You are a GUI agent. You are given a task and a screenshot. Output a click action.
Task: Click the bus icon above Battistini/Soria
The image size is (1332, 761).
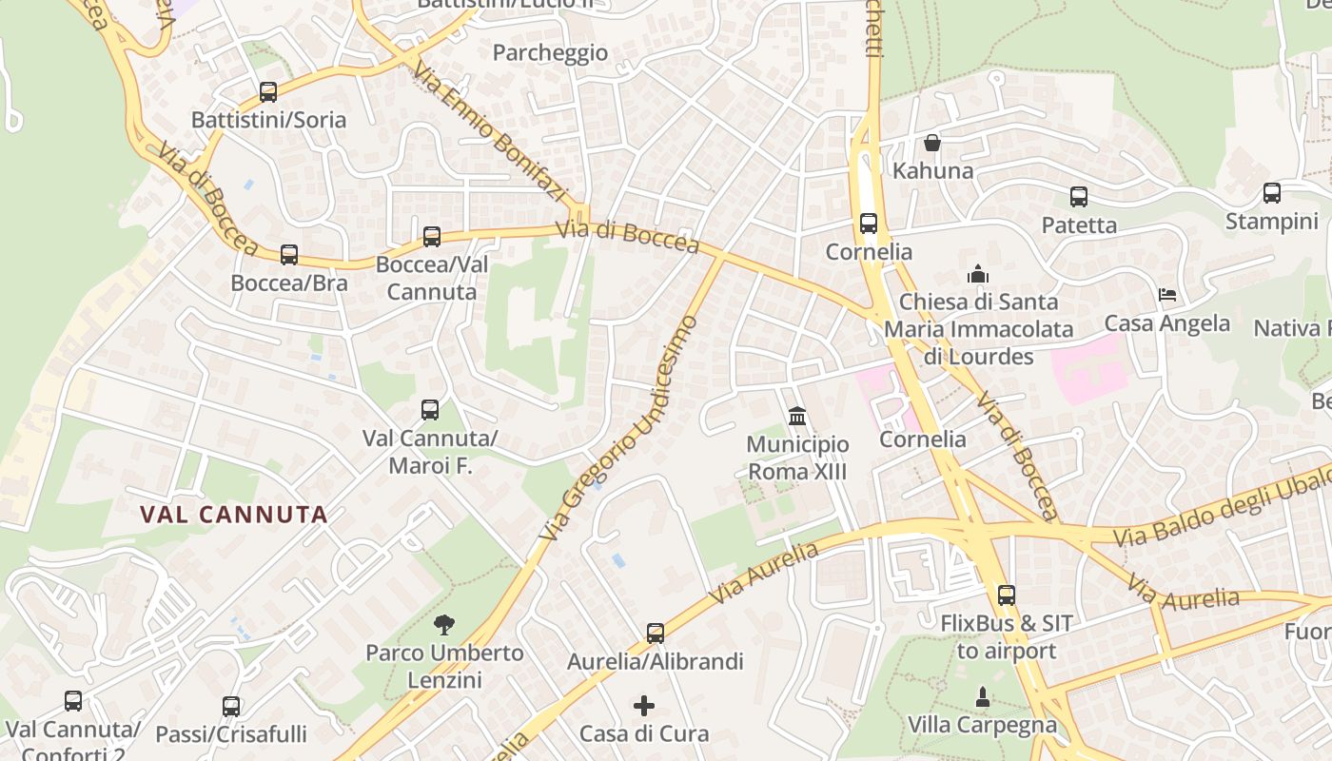tap(268, 92)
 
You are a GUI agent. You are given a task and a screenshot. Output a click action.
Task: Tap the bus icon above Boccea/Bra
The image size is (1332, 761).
tap(289, 255)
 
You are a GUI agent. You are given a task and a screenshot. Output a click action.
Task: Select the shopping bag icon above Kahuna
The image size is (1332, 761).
tap(932, 143)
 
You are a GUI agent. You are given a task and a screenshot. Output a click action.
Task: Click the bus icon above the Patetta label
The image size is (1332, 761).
tap(1078, 197)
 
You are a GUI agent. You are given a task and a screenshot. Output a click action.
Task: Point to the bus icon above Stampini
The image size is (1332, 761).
tap(1272, 193)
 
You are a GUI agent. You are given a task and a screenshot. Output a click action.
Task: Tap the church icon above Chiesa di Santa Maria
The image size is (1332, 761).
tap(978, 274)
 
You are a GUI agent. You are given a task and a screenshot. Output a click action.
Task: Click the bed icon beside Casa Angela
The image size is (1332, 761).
tap(1167, 295)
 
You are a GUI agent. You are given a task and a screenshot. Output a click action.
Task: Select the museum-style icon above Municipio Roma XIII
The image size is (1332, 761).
tap(797, 417)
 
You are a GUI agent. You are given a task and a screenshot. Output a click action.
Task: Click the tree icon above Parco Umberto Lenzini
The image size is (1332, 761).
tap(443, 625)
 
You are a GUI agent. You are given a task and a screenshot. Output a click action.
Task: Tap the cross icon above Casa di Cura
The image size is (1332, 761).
tap(644, 706)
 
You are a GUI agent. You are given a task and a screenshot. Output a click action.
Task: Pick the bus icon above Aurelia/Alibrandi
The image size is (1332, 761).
tap(655, 634)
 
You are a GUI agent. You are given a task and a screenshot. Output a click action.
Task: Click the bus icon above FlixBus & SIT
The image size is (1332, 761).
tap(1007, 595)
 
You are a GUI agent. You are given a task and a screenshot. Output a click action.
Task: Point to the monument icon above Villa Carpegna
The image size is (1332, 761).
tap(983, 697)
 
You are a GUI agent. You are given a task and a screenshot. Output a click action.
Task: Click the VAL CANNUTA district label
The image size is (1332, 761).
tap(234, 516)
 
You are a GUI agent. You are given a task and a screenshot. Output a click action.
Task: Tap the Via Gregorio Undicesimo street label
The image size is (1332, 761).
tap(618, 428)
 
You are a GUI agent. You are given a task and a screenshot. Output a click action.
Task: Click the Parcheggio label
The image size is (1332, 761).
tap(550, 52)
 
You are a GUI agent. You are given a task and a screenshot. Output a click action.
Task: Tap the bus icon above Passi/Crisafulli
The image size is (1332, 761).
tap(231, 707)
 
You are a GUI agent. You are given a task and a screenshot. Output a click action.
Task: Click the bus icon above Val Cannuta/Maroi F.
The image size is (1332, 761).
tap(430, 410)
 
